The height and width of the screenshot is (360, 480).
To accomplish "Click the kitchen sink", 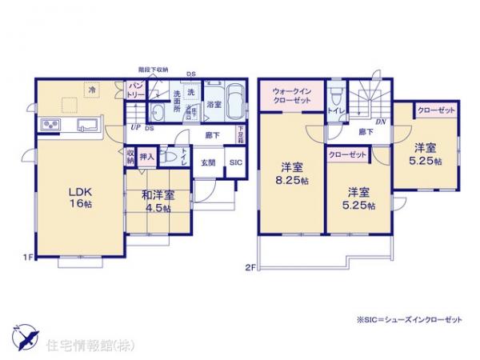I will (86, 125).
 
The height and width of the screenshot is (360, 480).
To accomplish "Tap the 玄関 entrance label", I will (207, 163).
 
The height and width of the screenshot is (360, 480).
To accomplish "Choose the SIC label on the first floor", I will (235, 163).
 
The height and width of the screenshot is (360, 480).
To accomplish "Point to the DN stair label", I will (381, 122).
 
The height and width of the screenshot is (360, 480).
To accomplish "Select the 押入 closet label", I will (146, 157).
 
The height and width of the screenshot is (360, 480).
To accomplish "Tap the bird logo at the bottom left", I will (25, 335).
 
